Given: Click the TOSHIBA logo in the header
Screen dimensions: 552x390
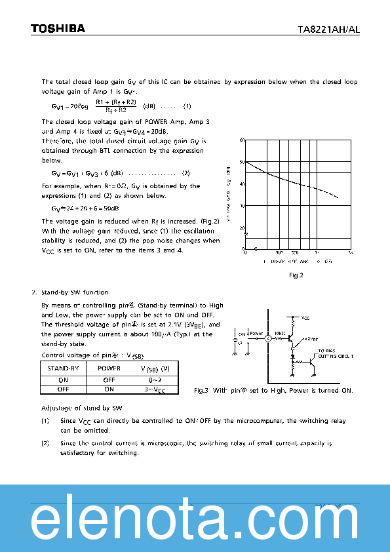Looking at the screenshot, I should (x=58, y=28).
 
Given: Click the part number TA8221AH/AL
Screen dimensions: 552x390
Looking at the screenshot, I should (x=328, y=29).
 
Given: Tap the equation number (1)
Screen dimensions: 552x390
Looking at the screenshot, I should (x=187, y=106).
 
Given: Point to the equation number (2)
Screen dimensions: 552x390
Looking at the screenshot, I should (x=185, y=173).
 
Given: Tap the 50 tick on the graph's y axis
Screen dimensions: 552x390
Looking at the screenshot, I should (x=242, y=162).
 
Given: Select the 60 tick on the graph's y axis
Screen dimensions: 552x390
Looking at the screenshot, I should (x=242, y=140).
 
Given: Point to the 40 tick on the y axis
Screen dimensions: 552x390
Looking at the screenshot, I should (x=242, y=184).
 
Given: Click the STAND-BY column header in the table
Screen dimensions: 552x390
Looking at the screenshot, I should (x=63, y=368).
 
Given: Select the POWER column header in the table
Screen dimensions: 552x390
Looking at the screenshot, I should (x=109, y=368).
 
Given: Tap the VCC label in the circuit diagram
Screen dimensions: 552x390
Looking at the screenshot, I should (x=305, y=318).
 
